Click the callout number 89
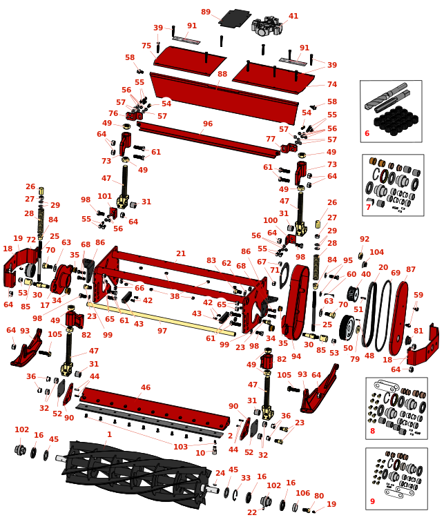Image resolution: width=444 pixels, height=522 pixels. point(206,12)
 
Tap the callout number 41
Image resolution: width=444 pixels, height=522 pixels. point(293,16)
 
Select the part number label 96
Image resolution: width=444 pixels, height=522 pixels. point(207,124)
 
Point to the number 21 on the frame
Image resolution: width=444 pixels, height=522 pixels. point(180,254)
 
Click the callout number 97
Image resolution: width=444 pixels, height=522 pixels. point(162,331)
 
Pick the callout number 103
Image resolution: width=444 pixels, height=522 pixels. point(181,447)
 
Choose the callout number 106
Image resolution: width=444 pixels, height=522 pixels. point(302,492)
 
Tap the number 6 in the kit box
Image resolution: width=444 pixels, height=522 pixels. point(367,133)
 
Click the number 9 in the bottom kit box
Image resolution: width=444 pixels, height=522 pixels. point(372,501)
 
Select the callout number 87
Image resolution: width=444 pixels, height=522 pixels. point(411,269)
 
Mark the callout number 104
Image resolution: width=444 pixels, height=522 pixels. point(376,253)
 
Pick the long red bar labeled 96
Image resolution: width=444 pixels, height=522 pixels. point(207,137)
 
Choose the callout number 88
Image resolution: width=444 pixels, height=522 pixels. point(222,74)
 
